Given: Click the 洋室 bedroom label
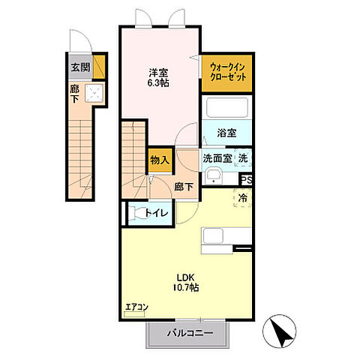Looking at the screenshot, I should point(157,73).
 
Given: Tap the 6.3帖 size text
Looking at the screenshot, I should point(157,85).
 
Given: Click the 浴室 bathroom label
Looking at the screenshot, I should point(227,132).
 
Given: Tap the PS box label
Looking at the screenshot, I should point(246,180).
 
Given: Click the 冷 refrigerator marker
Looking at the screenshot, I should point(244,198).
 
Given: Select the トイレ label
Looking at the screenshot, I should point(157,213).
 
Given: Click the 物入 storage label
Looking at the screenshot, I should point(159,160).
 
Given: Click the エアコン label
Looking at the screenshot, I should point(136,306).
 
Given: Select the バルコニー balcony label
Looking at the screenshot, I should point(190,332).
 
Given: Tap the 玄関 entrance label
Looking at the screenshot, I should point(80,67).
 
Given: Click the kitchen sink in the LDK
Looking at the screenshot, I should point(214,236).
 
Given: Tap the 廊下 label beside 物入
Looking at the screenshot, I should point(184,186).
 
